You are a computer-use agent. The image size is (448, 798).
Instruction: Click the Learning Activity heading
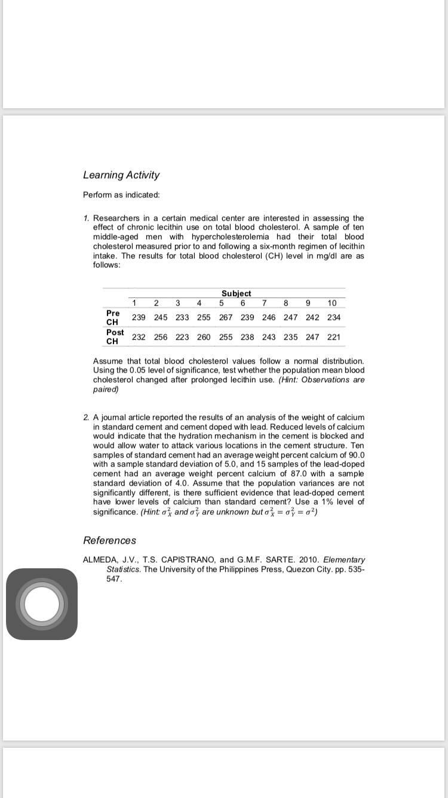coord(121,175)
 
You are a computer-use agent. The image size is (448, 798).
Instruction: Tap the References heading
coord(109,540)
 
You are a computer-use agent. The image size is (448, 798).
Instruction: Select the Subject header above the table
coord(236,293)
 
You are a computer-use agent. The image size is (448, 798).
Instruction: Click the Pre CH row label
coord(112,318)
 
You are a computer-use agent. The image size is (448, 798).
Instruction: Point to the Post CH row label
coord(115,337)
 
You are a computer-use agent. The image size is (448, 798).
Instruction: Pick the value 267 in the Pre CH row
coord(226,318)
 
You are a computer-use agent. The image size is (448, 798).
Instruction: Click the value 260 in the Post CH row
coord(204,337)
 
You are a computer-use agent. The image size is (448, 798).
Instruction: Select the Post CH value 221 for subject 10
coord(334,337)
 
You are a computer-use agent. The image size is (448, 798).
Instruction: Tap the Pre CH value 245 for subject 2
coord(161,318)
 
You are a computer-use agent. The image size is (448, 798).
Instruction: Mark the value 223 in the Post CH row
coord(182,337)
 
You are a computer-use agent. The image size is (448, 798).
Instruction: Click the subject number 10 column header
coord(332,303)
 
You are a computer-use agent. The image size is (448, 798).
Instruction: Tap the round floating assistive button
coord(42,604)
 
